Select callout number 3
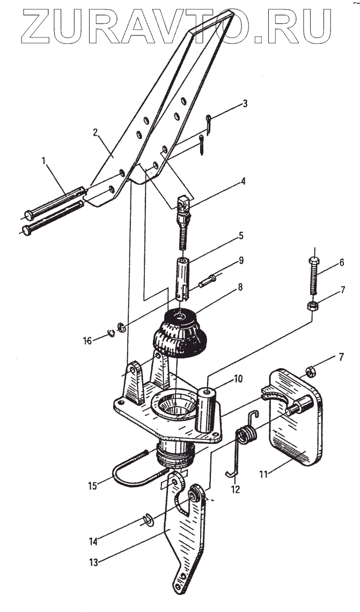[245, 103]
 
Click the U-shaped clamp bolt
[134, 472]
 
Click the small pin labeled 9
[208, 282]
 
